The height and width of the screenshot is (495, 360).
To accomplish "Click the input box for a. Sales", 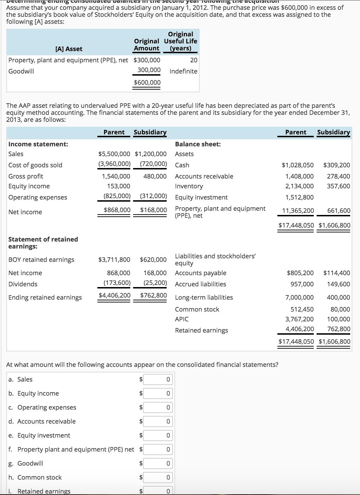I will [x=158, y=379].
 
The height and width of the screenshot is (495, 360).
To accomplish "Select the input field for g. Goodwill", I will [x=158, y=463].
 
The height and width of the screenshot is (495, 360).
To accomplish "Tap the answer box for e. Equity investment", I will [x=158, y=435].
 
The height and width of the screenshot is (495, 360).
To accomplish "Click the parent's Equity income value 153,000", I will [x=118, y=186].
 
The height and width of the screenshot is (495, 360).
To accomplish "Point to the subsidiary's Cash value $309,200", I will [x=336, y=165].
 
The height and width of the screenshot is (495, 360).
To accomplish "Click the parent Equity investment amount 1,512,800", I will [x=299, y=197].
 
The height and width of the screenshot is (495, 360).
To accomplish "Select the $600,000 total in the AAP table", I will [x=147, y=82].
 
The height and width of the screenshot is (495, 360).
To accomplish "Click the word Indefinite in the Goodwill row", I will [x=183, y=71].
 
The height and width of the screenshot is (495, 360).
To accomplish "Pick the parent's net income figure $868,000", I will [x=117, y=210].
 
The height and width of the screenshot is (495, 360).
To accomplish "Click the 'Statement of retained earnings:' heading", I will [x=43, y=243].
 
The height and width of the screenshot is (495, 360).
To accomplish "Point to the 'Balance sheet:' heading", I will [x=198, y=144].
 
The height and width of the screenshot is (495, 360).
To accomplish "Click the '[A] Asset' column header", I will [x=69, y=49].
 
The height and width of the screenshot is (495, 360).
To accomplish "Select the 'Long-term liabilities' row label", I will [x=204, y=297].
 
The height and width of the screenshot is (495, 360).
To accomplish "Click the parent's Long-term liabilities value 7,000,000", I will [x=299, y=297].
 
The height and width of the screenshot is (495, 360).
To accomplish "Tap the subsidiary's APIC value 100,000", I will [x=338, y=319].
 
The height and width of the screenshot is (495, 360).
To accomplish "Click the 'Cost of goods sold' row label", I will [x=35, y=165].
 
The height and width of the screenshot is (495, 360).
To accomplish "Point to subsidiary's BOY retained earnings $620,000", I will [x=153, y=259].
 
